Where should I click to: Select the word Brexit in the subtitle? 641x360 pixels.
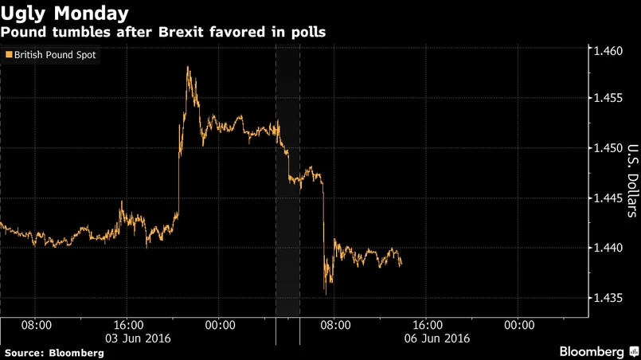[184, 32]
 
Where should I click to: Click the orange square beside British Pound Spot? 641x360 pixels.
[9, 55]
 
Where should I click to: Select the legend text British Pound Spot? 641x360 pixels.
[55, 56]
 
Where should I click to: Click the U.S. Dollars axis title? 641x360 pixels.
[631, 180]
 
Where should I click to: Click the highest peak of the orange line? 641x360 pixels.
[188, 67]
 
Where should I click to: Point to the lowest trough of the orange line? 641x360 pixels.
[325, 292]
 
